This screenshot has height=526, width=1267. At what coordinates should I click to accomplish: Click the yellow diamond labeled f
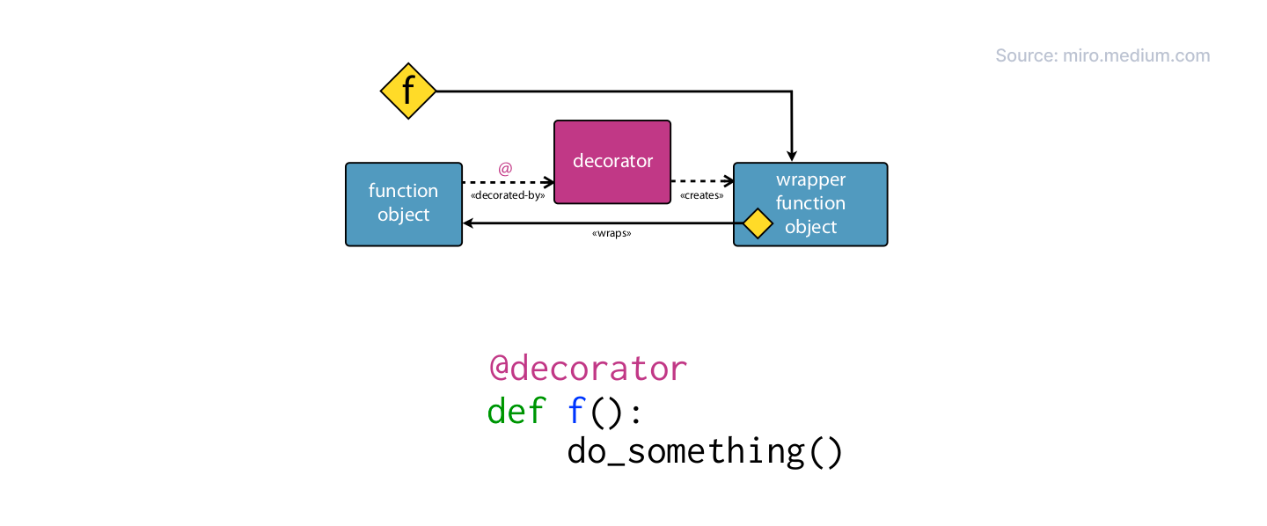(x=408, y=91)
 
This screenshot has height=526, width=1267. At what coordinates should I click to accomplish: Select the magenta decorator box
(x=612, y=162)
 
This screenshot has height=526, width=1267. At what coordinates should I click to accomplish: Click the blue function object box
(x=404, y=203)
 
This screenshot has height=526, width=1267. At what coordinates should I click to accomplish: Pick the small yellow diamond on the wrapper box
(x=758, y=223)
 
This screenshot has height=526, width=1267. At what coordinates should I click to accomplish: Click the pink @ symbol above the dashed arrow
(x=505, y=168)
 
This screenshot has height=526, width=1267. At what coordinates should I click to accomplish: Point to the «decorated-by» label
(x=508, y=195)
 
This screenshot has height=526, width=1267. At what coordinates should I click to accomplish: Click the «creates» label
(x=702, y=195)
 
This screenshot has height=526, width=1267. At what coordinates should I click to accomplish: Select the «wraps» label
(x=612, y=235)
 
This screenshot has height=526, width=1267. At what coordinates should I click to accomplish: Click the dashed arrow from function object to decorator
(x=506, y=182)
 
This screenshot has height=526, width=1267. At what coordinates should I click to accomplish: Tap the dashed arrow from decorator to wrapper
(x=701, y=182)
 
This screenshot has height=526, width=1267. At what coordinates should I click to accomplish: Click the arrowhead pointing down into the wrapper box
(x=792, y=155)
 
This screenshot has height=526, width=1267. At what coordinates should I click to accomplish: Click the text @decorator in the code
(x=588, y=368)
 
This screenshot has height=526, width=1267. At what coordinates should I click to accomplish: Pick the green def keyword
(x=516, y=411)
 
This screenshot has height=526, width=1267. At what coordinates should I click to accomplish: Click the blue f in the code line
(x=576, y=411)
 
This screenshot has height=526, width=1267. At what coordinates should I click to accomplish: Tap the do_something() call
(x=705, y=451)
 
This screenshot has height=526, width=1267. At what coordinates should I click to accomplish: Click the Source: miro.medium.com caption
(x=1102, y=56)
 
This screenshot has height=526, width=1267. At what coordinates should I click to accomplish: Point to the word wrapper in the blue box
(x=810, y=179)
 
